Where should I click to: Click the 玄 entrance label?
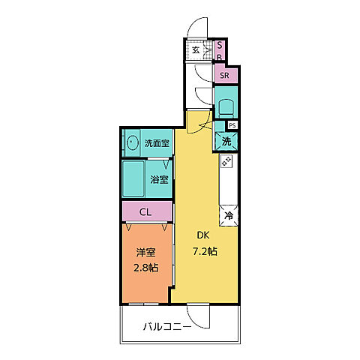[195, 50]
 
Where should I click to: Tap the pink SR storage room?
[225, 75]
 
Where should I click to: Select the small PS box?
[232, 125]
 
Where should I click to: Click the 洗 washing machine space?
[226, 140]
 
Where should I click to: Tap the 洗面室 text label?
[156, 143]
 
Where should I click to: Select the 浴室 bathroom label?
[158, 180]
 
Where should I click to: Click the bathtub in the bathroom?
[136, 177]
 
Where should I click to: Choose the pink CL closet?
[146, 212]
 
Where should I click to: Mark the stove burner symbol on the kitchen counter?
[226, 162]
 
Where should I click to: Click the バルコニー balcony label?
[166, 327]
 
